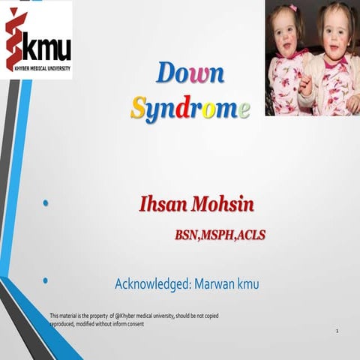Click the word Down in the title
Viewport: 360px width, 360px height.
190,74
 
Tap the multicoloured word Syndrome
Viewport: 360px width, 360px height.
190,109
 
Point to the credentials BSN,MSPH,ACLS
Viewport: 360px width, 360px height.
220,235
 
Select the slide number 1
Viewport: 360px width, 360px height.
337,331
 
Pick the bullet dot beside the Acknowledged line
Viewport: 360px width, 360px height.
46,280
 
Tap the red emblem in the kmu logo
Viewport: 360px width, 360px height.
15,39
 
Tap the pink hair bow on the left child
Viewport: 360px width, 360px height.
292,8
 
